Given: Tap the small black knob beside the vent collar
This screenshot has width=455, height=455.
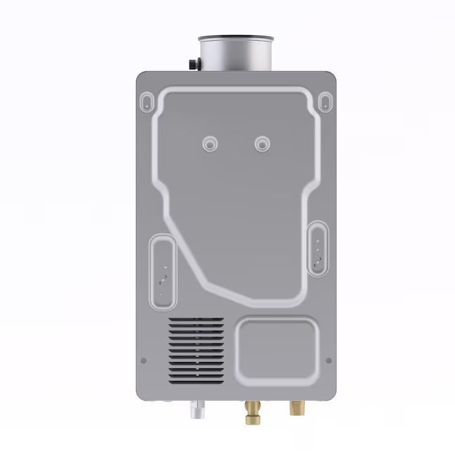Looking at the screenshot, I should (194, 63).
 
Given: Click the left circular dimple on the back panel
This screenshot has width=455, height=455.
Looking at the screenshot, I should (209, 143).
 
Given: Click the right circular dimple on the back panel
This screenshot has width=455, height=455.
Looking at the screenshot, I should (262, 143).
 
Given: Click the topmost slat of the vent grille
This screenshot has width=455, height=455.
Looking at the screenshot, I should (197, 320).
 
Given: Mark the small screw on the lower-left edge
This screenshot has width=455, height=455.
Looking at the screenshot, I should (144, 361).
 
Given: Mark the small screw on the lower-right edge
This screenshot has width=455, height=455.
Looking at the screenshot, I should (328, 361).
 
